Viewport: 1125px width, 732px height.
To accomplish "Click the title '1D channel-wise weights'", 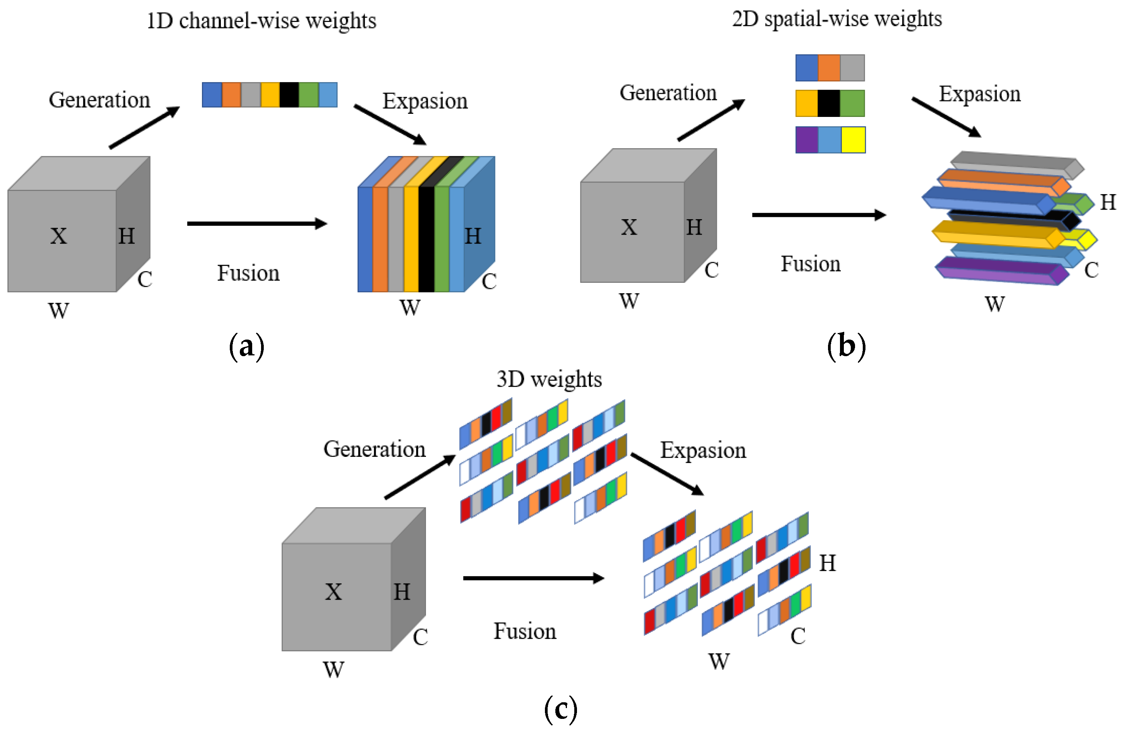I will pos(261,21).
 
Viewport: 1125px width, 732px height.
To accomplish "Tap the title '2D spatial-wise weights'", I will pos(837,19).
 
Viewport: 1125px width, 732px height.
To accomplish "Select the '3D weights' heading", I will pos(549,379).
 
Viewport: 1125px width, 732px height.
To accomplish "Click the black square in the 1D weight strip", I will pos(289,95).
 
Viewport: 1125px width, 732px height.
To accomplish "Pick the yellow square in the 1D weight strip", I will pos(270,95).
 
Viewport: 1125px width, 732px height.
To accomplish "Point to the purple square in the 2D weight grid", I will pos(806,140).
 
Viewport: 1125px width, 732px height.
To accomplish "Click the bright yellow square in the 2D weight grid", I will pos(853,140).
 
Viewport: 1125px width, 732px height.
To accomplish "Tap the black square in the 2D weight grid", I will pos(829,103).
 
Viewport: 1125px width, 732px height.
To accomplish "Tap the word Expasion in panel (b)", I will pos(979,94).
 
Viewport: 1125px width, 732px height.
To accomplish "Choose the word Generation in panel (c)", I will pos(374,449).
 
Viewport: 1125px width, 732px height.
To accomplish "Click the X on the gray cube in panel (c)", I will pos(333,592).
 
